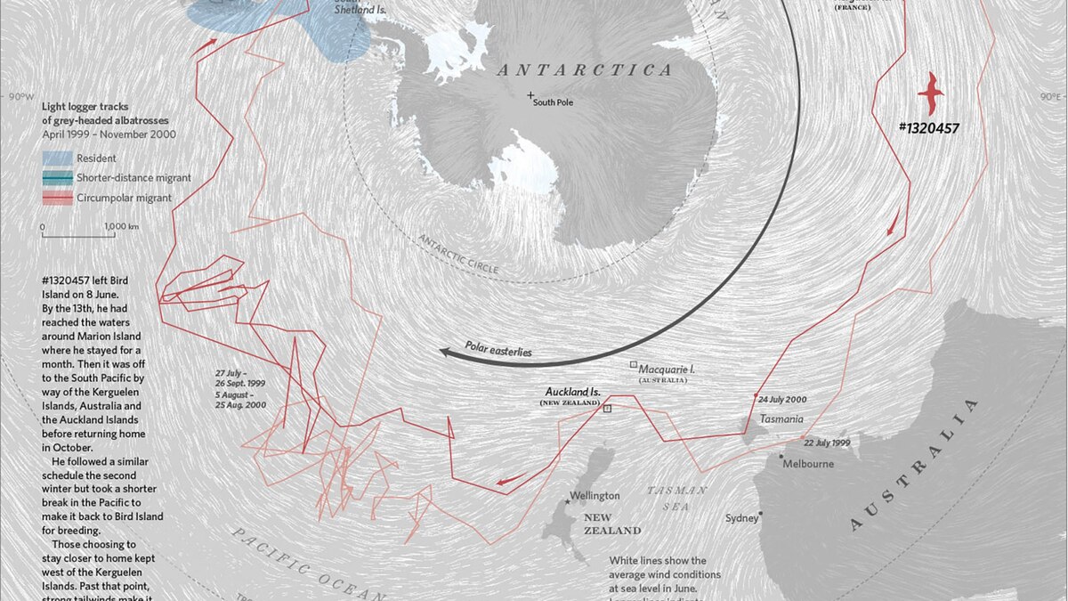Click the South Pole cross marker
pyautogui.click(x=531, y=94)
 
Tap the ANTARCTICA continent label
pyautogui.click(x=584, y=70)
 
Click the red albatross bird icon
pyautogui.click(x=931, y=93)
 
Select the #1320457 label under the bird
pyautogui.click(x=929, y=128)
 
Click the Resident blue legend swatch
pyautogui.click(x=57, y=158)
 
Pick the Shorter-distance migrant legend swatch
pyautogui.click(x=57, y=178)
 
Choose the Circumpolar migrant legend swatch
pyautogui.click(x=57, y=199)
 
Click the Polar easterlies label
pyautogui.click(x=498, y=350)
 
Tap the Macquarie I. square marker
pyautogui.click(x=633, y=365)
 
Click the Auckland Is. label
pyautogui.click(x=572, y=392)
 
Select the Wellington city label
pyautogui.click(x=595, y=495)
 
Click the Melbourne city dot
pyautogui.click(x=781, y=458)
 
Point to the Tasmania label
pyautogui.click(x=781, y=419)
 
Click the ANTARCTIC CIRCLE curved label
pyautogui.click(x=459, y=255)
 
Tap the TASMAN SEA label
pyautogui.click(x=676, y=496)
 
